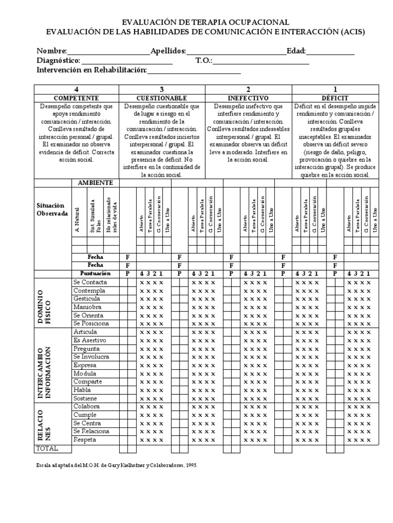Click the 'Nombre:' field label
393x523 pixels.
tap(52, 51)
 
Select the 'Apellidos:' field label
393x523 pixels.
tap(168, 51)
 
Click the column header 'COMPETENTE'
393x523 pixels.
tap(76, 98)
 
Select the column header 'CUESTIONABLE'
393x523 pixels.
tap(162, 98)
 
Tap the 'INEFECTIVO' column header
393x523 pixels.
tap(248, 98)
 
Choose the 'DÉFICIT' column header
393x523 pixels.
tap(335, 98)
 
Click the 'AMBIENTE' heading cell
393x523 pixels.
tap(95, 183)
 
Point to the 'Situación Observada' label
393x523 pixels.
tap(52, 209)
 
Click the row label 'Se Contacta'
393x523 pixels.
tap(90, 282)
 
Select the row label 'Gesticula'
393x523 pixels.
tap(87, 298)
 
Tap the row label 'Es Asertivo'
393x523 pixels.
tap(90, 340)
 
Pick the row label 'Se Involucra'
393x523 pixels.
tap(91, 356)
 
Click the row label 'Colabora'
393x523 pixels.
tap(86, 407)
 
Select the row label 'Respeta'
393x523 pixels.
tap(85, 440)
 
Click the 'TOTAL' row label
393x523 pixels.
tap(47, 448)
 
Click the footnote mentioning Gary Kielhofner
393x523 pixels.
tap(116, 466)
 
